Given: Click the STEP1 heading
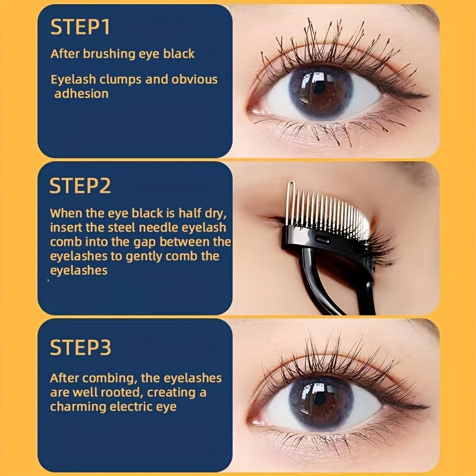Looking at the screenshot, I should [x=80, y=28].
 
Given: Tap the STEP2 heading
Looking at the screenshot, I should [x=80, y=185].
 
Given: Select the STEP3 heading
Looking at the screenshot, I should [x=80, y=347].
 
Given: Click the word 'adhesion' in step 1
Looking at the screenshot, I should [x=82, y=93].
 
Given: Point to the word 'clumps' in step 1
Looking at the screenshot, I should [x=116, y=79].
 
